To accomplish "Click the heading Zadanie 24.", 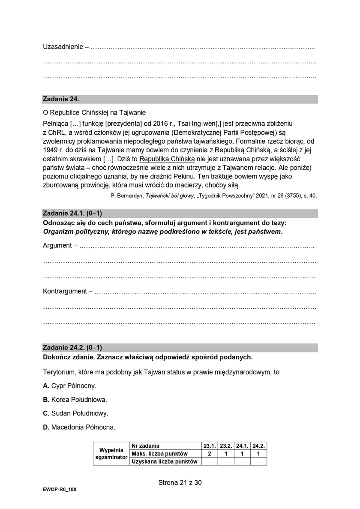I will [61, 99].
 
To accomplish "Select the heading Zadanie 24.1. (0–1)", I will [72, 214].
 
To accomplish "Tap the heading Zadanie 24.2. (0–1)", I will [72, 347].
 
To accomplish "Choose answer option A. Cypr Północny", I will [69, 385].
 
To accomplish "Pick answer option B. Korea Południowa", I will [75, 399].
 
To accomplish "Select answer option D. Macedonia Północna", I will [79, 427].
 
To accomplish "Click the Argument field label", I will [57, 246].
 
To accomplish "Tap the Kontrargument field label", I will [65, 291].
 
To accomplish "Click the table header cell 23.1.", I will [209, 446].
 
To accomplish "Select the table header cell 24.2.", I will [258, 446].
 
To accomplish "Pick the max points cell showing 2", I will [209, 453].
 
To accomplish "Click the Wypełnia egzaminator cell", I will [111, 453].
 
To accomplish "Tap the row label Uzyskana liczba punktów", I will [165, 461].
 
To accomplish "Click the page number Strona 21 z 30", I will [180, 482].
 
